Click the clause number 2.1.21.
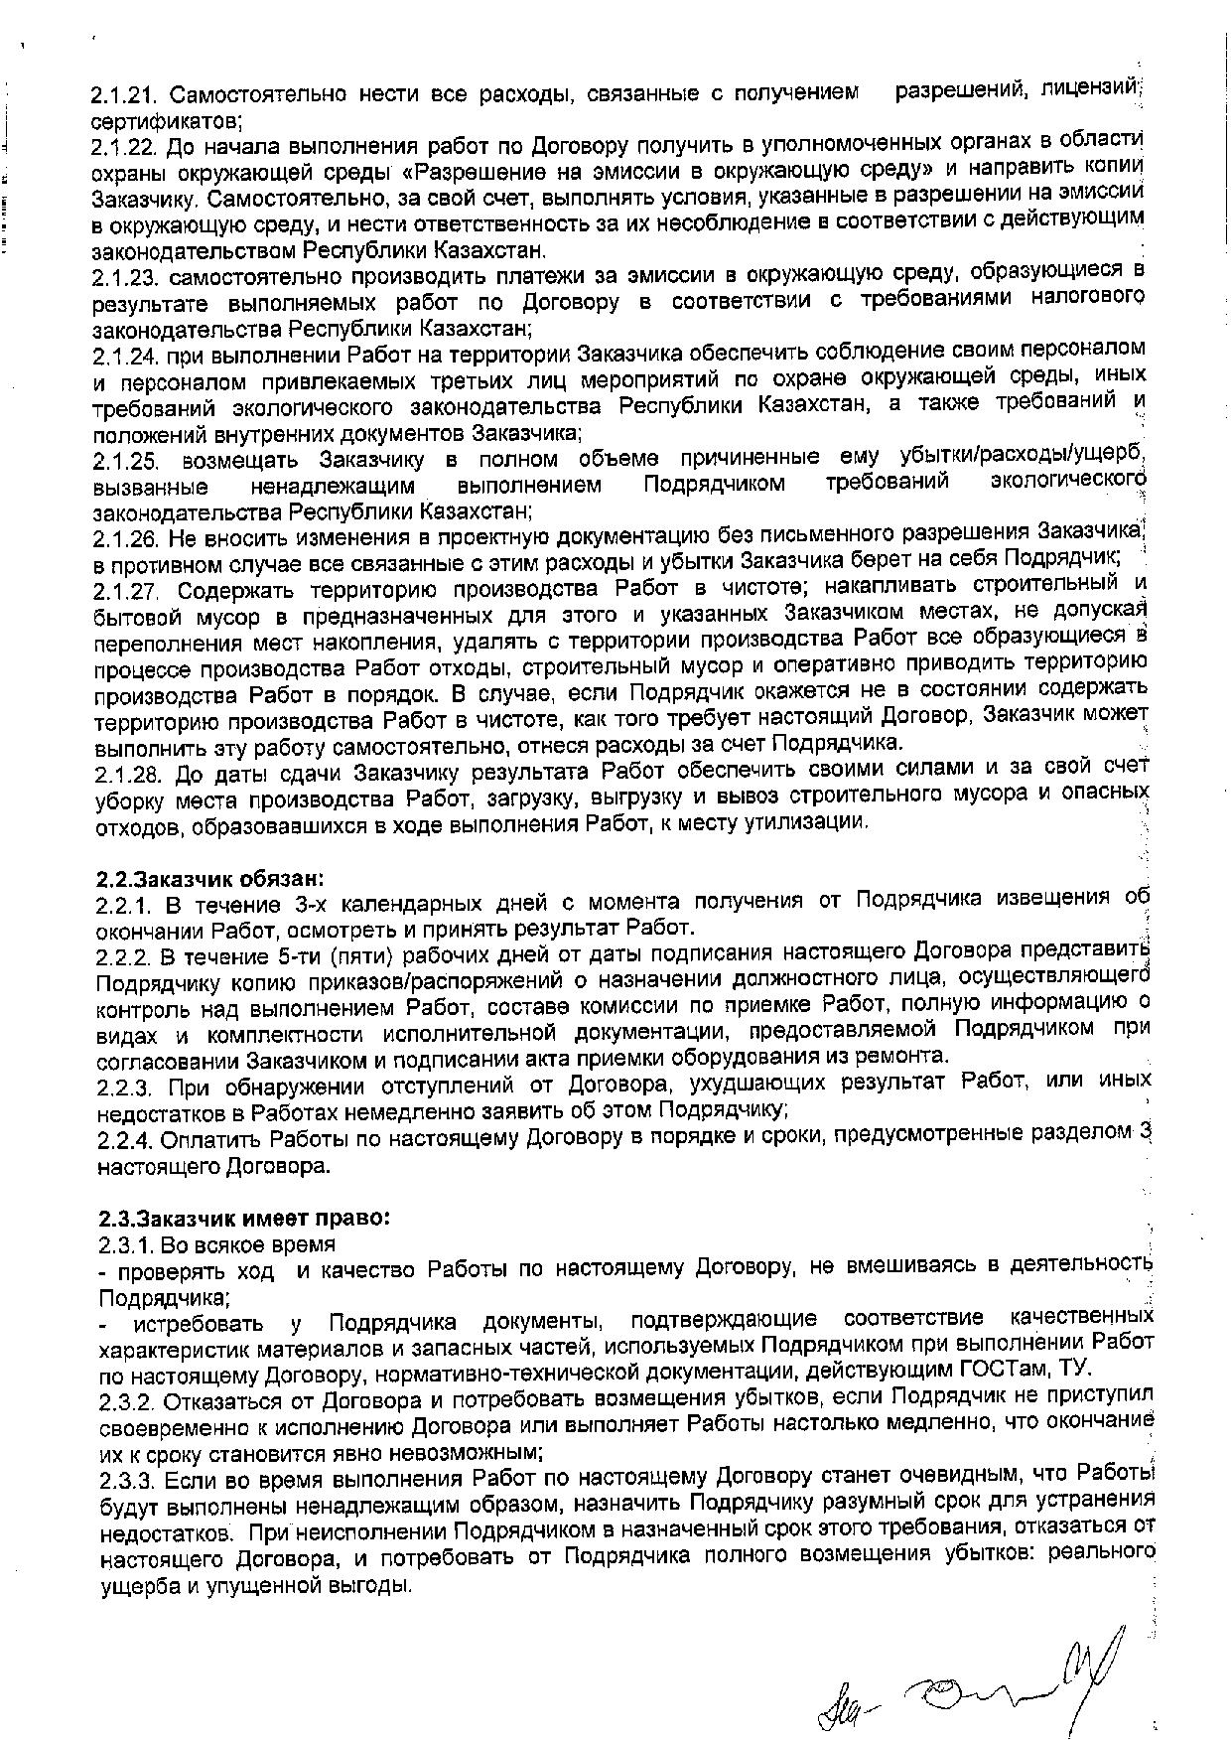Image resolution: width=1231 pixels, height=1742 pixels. tap(126, 95)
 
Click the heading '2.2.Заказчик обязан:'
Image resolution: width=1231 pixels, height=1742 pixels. tap(210, 879)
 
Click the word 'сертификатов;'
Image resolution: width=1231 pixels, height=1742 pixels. tap(165, 121)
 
